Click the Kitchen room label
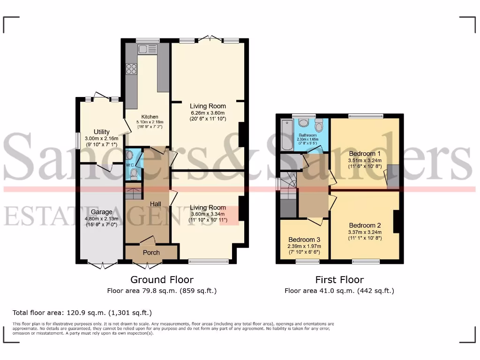(150, 117)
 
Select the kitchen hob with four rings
(131, 69)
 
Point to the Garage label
(101, 212)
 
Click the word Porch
(151, 253)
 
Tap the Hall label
(156, 204)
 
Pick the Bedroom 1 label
(365, 153)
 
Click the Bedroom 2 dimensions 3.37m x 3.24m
(365, 232)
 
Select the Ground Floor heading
(162, 280)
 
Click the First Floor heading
(339, 280)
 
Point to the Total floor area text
(82, 313)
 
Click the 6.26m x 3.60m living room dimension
(208, 112)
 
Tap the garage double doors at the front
(102, 266)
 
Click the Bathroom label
(308, 135)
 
